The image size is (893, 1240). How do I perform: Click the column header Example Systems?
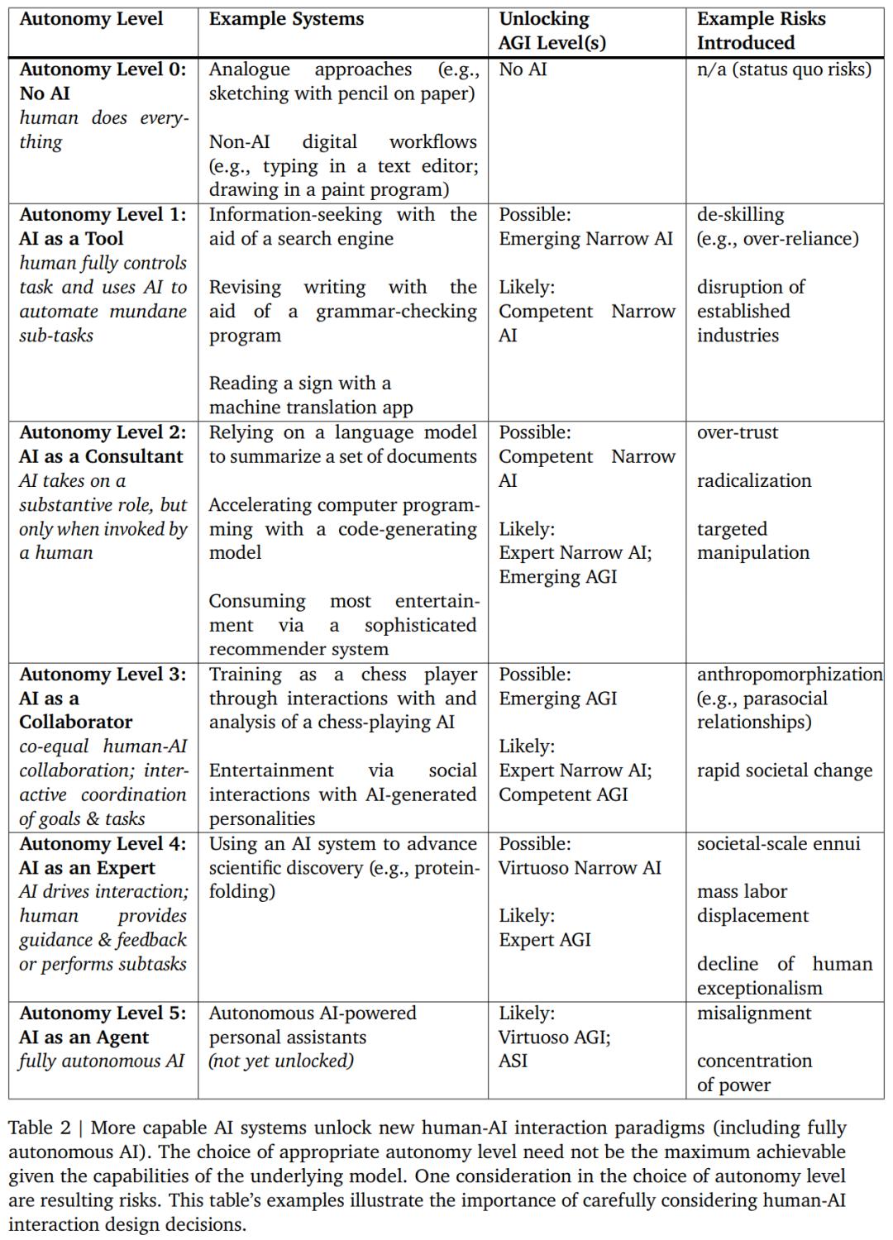[286, 19]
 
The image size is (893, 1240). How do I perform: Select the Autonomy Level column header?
[91, 19]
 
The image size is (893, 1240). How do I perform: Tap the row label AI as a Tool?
[71, 238]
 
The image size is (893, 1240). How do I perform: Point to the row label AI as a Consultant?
[101, 456]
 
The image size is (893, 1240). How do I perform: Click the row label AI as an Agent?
[84, 1037]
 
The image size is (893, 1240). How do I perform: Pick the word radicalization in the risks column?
[754, 480]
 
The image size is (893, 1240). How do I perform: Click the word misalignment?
[754, 1013]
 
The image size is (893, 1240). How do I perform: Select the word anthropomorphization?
[790, 674]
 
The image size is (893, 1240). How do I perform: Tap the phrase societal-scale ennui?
[778, 843]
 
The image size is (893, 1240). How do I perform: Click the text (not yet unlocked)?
[281, 1061]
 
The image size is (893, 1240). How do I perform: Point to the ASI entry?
[513, 1061]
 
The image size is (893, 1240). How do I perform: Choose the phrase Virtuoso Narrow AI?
[580, 867]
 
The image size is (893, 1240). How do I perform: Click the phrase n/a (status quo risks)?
[784, 69]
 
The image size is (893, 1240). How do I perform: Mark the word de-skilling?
[740, 214]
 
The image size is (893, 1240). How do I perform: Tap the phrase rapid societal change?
[784, 770]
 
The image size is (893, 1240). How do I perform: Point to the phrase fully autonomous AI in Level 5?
[102, 1061]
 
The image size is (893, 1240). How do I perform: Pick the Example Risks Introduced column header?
[761, 31]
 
